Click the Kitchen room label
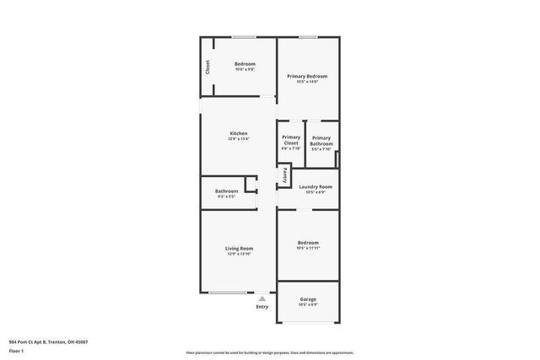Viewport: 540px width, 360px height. tap(239, 134)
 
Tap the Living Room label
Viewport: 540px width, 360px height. tap(239, 248)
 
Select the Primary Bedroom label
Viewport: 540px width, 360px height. tap(307, 76)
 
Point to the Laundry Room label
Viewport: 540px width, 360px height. tap(316, 186)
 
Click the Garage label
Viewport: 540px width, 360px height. tap(308, 299)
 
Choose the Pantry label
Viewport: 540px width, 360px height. tap(285, 175)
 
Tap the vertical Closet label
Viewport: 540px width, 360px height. tap(208, 67)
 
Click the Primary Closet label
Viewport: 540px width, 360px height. tap(291, 140)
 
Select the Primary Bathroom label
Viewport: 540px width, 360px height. tap(321, 141)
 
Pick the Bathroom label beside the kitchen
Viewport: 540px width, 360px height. tap(226, 191)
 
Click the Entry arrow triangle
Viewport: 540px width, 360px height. tap(262, 298)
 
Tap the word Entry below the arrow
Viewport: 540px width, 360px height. tap(262, 306)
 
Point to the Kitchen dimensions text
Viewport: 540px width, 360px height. tap(239, 140)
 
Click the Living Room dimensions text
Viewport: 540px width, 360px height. tap(239, 254)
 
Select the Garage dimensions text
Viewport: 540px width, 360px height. tap(308, 305)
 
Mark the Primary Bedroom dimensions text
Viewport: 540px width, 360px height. tap(307, 82)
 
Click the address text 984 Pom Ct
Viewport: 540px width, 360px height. tap(48, 342)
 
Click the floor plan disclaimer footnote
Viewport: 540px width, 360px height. tap(269, 352)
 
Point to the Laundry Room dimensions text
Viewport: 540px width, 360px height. tap(316, 192)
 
